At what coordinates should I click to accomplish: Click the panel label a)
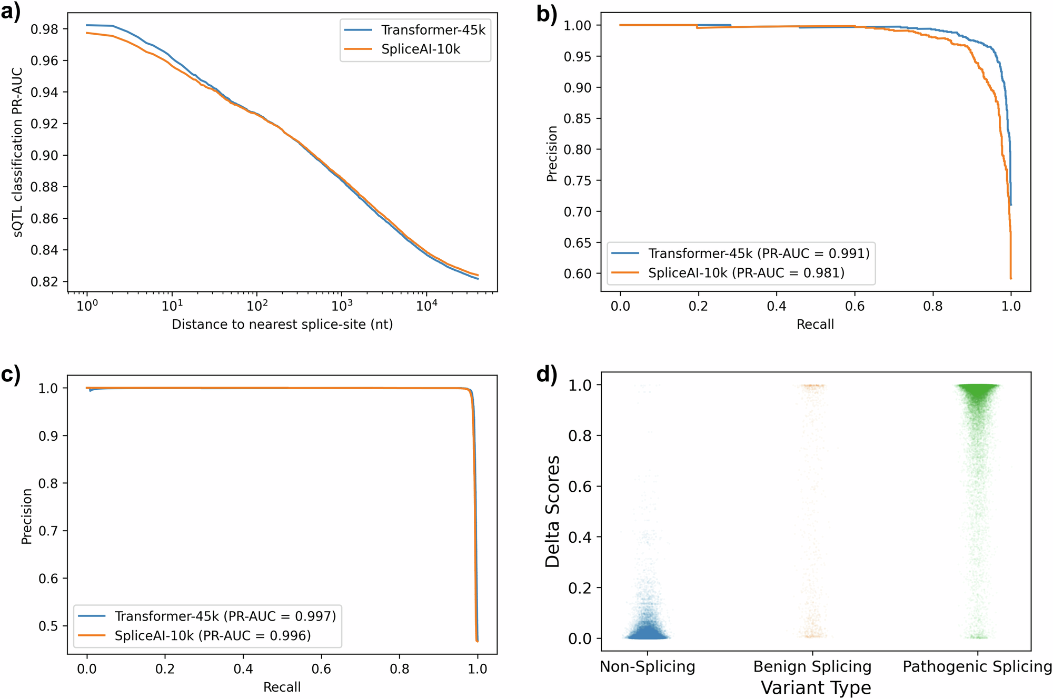[11, 12]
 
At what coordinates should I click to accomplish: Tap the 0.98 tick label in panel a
[44, 29]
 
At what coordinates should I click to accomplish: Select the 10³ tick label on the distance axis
[342, 305]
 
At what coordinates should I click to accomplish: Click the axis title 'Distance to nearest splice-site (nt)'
[282, 325]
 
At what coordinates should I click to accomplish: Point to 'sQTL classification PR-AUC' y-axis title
[18, 153]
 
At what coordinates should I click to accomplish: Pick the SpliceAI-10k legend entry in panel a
[420, 49]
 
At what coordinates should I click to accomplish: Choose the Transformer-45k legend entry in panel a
[433, 30]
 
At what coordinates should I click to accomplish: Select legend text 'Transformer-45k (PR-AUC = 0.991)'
[759, 254]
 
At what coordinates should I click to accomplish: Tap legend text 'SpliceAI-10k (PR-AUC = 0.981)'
[746, 273]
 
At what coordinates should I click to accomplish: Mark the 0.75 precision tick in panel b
[578, 181]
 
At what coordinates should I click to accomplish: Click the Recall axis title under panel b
[815, 325]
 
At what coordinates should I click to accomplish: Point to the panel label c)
[11, 374]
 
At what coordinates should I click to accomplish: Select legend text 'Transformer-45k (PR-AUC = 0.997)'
[225, 616]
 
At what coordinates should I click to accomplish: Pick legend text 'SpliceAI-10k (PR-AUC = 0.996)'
[213, 636]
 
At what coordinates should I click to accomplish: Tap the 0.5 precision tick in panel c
[48, 626]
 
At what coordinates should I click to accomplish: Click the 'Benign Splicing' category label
[812, 667]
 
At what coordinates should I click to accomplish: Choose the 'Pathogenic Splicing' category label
[977, 667]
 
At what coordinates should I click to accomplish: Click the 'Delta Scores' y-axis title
[553, 511]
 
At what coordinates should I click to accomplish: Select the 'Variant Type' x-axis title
[816, 688]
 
